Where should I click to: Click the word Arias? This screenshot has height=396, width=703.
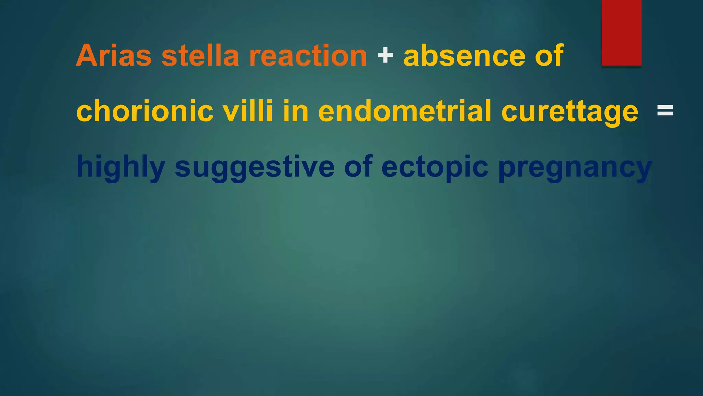[114, 56]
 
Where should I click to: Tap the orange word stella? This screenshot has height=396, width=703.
[200, 56]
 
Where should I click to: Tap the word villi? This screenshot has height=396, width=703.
[247, 111]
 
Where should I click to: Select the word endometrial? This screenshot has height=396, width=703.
[405, 111]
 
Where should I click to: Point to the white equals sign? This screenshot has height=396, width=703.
[665, 111]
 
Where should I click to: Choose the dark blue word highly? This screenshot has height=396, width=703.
[120, 167]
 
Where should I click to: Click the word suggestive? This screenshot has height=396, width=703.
[254, 167]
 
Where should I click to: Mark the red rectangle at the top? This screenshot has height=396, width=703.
[621, 33]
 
